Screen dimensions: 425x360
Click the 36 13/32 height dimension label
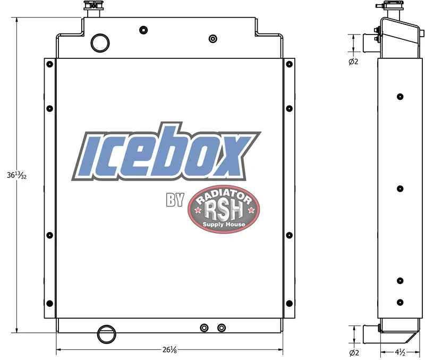(x=16, y=176)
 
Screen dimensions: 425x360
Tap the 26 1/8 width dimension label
(x=169, y=350)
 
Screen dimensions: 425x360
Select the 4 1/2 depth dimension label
(x=400, y=352)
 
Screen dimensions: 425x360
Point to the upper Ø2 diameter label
(x=353, y=62)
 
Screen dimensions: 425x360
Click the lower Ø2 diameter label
(x=354, y=353)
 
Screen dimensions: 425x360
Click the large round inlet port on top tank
(x=100, y=43)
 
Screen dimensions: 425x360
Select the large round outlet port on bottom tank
(x=107, y=335)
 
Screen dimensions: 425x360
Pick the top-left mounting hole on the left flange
(x=49, y=64)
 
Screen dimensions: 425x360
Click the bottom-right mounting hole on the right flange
(x=289, y=303)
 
